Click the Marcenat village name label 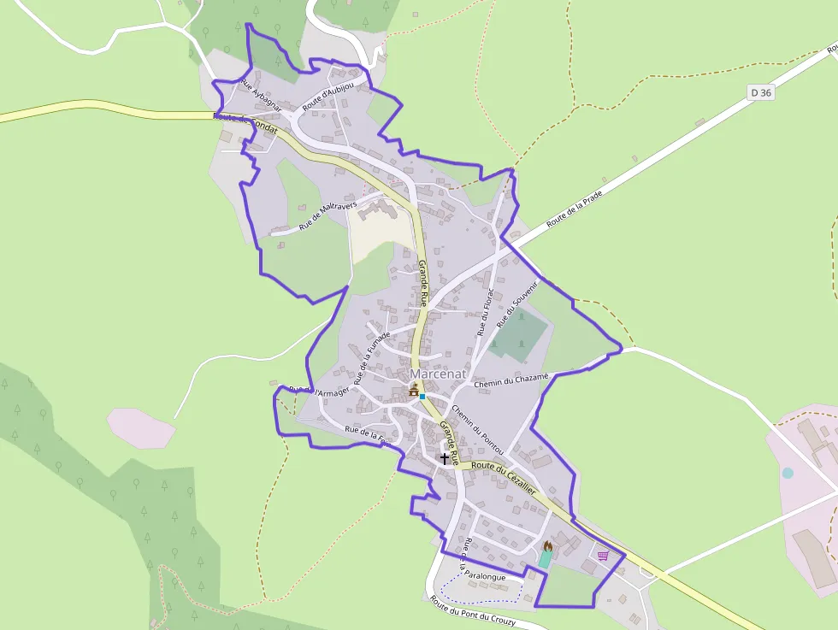(437, 374)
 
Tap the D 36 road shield (760, 92)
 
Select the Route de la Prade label (575, 208)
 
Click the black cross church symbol (444, 458)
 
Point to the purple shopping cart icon (604, 556)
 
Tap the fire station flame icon (548, 545)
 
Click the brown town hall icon (415, 391)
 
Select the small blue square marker (422, 397)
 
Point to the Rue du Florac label (486, 311)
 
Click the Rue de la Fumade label (372, 357)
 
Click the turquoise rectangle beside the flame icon (545, 559)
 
